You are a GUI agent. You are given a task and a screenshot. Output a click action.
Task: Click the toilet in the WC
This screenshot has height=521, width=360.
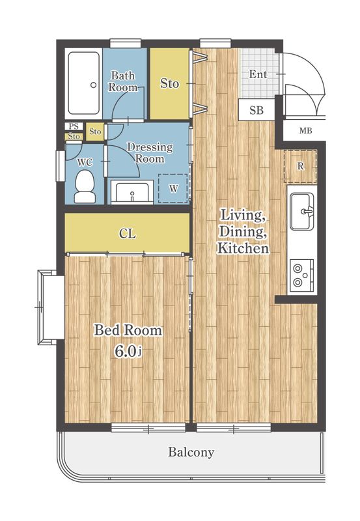tap(85, 187)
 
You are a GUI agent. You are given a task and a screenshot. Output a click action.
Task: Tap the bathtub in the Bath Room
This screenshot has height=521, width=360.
tap(84, 83)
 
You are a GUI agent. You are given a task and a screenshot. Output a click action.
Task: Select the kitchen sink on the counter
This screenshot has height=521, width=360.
tap(302, 212)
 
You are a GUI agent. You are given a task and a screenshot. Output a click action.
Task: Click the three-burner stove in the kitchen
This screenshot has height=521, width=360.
tap(302, 275)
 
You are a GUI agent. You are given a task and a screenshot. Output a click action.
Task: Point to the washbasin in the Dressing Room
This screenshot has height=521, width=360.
tap(132, 192)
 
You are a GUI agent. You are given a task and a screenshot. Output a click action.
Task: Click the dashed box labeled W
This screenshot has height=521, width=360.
tap(173, 188)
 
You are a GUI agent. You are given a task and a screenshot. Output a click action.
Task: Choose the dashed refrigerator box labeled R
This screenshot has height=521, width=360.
tap(300, 166)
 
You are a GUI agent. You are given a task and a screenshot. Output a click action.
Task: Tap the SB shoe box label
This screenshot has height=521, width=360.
tap(256, 110)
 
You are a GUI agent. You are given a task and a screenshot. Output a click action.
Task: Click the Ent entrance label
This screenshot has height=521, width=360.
tap(258, 74)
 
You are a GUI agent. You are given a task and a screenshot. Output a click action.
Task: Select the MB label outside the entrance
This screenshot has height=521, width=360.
tap(305, 131)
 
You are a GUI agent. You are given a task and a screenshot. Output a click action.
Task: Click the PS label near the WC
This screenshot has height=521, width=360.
tap(74, 126)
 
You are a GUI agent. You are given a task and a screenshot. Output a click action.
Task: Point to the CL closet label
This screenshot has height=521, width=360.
tap(128, 234)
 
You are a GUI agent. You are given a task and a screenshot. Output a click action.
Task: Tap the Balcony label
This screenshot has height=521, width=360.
tap(191, 452)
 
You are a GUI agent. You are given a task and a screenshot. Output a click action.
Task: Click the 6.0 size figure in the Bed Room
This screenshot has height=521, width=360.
tap(126, 352)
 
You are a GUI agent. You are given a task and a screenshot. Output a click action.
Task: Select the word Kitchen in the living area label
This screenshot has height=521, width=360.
tap(243, 249)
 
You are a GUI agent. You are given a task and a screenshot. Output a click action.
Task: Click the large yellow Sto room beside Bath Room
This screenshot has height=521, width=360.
tap(169, 83)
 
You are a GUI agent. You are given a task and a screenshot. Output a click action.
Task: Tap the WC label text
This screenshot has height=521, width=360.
tap(85, 162)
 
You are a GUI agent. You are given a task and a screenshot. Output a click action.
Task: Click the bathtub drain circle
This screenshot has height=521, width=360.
tap(93, 85)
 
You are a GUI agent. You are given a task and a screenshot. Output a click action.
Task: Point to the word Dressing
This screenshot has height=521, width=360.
tap(150, 148)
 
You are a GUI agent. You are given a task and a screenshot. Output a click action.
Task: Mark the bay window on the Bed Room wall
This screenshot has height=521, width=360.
tap(50, 307)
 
